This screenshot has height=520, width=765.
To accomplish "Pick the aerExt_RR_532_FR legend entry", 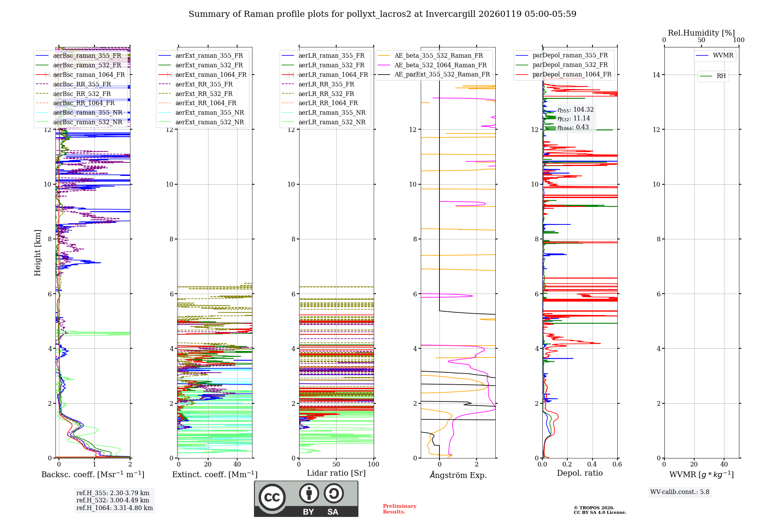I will (x=204, y=94).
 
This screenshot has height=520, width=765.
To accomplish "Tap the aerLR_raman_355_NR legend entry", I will (x=332, y=112).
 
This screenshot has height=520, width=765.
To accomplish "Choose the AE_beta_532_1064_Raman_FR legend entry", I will (x=440, y=65).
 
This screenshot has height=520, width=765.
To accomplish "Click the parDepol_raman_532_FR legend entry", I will (x=570, y=65).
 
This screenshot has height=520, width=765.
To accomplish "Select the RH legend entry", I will (x=721, y=76).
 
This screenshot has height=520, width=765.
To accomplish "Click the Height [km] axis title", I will (x=37, y=252).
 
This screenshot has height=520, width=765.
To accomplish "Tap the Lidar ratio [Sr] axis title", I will (x=336, y=473).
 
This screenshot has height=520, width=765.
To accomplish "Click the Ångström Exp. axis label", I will (x=458, y=475).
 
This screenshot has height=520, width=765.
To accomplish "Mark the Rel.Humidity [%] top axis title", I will (x=701, y=33).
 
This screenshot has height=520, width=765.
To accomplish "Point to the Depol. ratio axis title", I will (x=579, y=473).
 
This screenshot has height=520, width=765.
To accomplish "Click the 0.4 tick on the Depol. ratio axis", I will (x=592, y=465).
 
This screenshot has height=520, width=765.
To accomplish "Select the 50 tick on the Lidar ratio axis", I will (x=336, y=465).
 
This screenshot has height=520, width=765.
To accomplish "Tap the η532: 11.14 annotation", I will (x=574, y=119).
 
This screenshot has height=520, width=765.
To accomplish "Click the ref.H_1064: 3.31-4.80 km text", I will (x=114, y=508).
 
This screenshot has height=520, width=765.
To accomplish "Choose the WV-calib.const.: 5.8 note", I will (x=680, y=492).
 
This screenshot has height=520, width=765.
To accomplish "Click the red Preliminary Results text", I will (x=399, y=509).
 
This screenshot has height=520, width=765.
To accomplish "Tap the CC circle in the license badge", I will (x=272, y=497).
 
